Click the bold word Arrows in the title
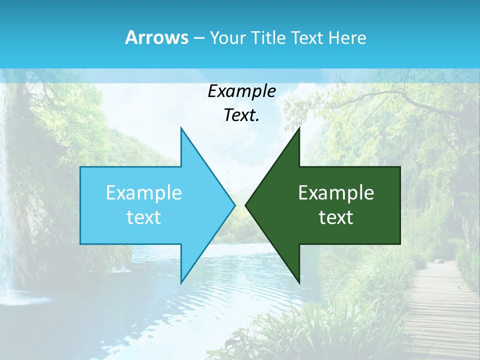[156, 37]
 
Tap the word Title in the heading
[267, 38]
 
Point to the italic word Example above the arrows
[241, 91]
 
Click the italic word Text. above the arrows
[241, 115]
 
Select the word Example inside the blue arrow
[144, 193]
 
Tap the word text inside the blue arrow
[144, 217]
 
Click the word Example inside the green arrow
[336, 193]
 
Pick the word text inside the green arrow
[336, 217]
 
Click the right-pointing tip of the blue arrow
[234, 205]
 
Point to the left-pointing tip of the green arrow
[246, 205]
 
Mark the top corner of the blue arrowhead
[181, 128]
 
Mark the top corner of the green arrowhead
[299, 128]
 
